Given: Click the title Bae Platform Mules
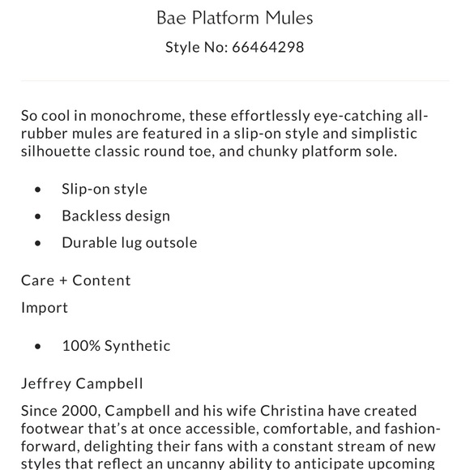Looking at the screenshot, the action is coord(234,17).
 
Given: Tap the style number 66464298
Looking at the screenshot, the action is coord(267,47).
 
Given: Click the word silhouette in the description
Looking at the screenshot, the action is coord(58,151).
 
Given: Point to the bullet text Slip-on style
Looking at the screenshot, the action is coord(105,189).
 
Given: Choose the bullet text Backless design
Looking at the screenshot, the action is coord(116,216).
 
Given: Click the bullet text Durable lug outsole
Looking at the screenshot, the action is coord(130,242).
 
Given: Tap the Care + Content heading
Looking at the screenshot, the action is coord(76,280).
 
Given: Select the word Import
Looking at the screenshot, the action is coord(45,308).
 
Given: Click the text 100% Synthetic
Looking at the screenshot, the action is coord(116,346).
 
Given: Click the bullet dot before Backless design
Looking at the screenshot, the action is coord(38,216).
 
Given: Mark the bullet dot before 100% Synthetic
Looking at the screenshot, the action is coord(38,347).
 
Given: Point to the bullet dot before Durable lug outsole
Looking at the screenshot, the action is coord(38,243).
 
